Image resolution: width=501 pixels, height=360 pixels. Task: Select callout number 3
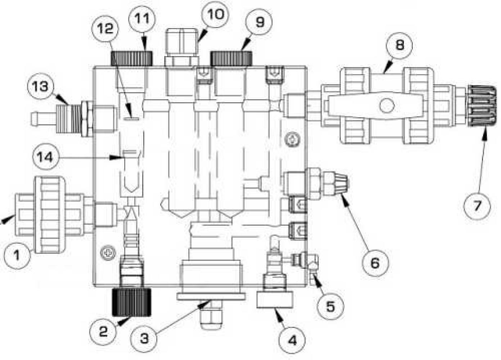[144, 338]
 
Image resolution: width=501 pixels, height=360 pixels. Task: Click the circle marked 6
[375, 263]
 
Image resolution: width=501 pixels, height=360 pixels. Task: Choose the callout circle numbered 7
[477, 206]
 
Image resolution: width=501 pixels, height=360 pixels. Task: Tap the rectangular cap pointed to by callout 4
[275, 300]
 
